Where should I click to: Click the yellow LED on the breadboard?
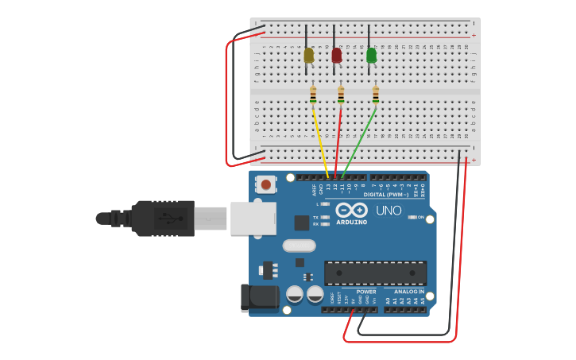pyautogui.click(x=308, y=55)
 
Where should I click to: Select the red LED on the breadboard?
pyautogui.click(x=336, y=55)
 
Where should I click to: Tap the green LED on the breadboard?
pyautogui.click(x=371, y=55)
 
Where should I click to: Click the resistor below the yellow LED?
pyautogui.click(x=313, y=95)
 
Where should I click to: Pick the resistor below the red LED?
pyautogui.click(x=341, y=95)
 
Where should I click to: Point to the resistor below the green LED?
pyautogui.click(x=376, y=95)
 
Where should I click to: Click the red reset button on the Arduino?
pyautogui.click(x=266, y=184)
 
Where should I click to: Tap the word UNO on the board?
pyautogui.click(x=389, y=211)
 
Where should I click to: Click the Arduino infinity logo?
pyautogui.click(x=351, y=210)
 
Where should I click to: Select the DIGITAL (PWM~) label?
pyautogui.click(x=385, y=195)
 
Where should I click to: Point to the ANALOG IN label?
pyautogui.click(x=409, y=292)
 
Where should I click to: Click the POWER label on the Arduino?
pyautogui.click(x=366, y=292)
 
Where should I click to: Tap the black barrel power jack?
pyautogui.click(x=260, y=298)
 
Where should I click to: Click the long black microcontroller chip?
pyautogui.click(x=375, y=273)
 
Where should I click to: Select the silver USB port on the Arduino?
pyautogui.click(x=253, y=219)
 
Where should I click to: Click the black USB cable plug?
pyautogui.click(x=163, y=219)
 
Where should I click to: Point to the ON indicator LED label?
pyautogui.click(x=421, y=216)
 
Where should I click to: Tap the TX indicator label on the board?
pyautogui.click(x=315, y=217)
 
